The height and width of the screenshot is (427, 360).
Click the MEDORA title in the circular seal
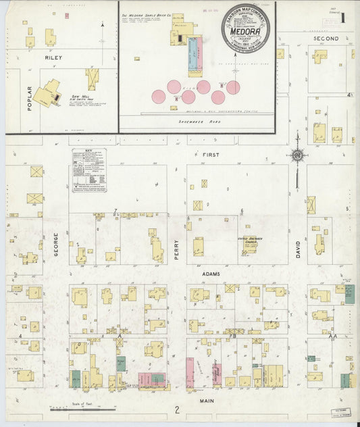pos(246,28)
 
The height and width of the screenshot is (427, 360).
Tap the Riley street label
pos(53,58)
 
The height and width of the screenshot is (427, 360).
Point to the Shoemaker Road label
pos(197,122)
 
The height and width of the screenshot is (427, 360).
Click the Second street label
pos(326,39)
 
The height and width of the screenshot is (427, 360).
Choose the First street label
pos(211,155)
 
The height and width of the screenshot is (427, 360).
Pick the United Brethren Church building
pos(251,244)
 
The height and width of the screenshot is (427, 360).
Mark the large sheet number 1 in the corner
pos(344,15)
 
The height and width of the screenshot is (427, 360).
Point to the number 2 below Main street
pos(176,409)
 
